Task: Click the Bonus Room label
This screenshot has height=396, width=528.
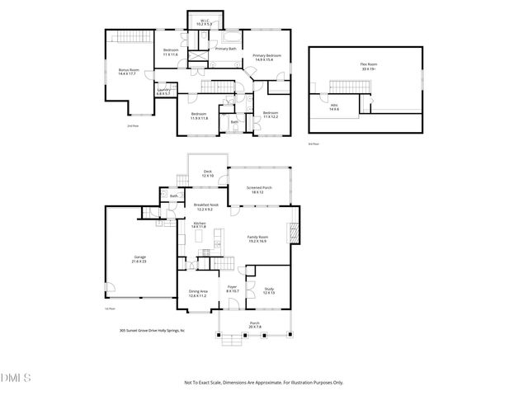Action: click(x=128, y=70)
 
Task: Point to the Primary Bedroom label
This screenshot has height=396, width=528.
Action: click(x=269, y=57)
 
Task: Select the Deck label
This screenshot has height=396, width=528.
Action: click(x=208, y=172)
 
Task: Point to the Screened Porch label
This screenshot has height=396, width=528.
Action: click(x=260, y=189)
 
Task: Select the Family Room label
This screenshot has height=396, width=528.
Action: click(x=259, y=238)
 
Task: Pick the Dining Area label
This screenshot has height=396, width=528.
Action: click(x=198, y=292)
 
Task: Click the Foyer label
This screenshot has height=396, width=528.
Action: click(x=233, y=289)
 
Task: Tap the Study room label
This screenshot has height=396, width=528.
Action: click(x=269, y=290)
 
